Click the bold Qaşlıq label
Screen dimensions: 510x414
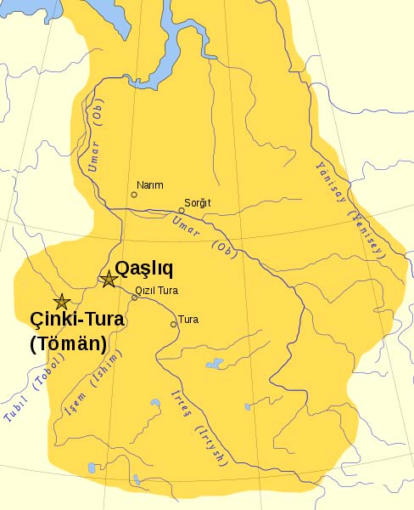click(x=144, y=269)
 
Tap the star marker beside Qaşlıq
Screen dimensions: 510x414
click(x=109, y=279)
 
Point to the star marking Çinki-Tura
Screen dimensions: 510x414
click(x=61, y=302)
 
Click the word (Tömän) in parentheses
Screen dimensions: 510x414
click(x=67, y=344)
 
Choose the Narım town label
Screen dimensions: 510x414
click(x=149, y=185)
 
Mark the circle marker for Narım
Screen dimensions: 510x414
click(x=133, y=195)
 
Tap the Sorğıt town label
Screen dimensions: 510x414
click(x=197, y=201)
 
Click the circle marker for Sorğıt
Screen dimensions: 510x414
click(x=182, y=210)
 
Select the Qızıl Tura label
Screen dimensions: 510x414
click(x=156, y=290)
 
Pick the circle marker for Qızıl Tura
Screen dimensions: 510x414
click(x=134, y=297)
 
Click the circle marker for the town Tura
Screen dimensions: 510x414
click(x=174, y=323)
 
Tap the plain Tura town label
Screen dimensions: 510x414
click(x=189, y=320)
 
